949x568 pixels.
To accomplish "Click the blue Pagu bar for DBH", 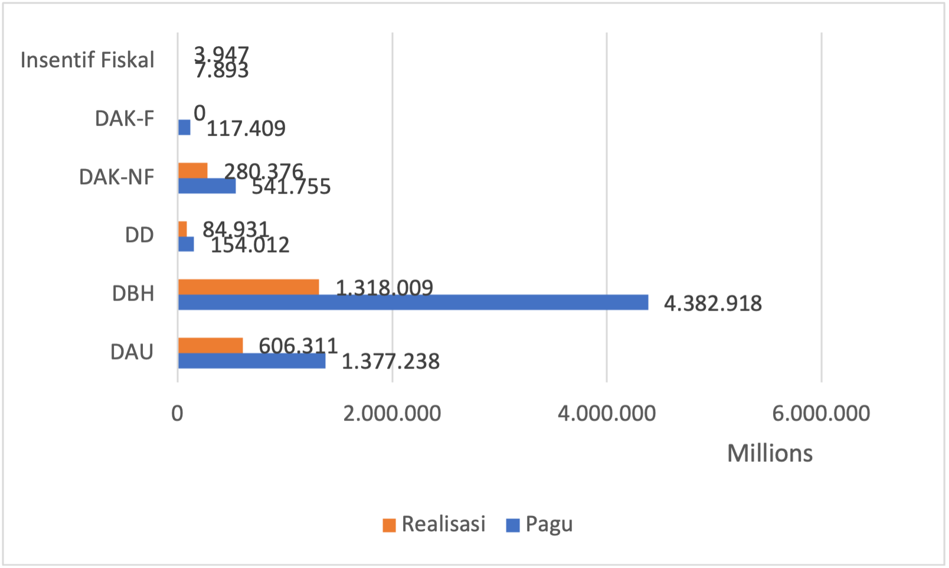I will (413, 302).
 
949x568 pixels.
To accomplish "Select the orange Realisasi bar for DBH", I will (248, 287).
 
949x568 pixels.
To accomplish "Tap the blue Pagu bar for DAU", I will (251, 361).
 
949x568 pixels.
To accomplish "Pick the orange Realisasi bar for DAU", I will (210, 345).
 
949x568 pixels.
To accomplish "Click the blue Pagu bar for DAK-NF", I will (207, 186).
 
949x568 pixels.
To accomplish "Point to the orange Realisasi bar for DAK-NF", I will (192, 171).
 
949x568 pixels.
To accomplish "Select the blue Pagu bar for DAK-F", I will (184, 128).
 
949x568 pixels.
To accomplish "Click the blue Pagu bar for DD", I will (186, 244).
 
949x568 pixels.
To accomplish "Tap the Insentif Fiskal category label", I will (87, 60).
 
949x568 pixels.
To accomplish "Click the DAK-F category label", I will (125, 119).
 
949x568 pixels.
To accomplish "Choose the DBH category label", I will (133, 293).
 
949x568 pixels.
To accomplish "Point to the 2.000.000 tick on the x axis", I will (392, 413).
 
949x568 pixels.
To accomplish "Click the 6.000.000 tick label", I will (821, 413).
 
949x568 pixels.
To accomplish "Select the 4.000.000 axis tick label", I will (607, 413).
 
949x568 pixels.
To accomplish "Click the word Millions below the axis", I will (770, 453).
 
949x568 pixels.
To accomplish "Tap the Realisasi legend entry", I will (434, 524).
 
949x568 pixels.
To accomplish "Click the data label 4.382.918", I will (713, 303).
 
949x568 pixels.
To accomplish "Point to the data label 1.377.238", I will (391, 361).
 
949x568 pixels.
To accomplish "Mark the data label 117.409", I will (246, 128).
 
